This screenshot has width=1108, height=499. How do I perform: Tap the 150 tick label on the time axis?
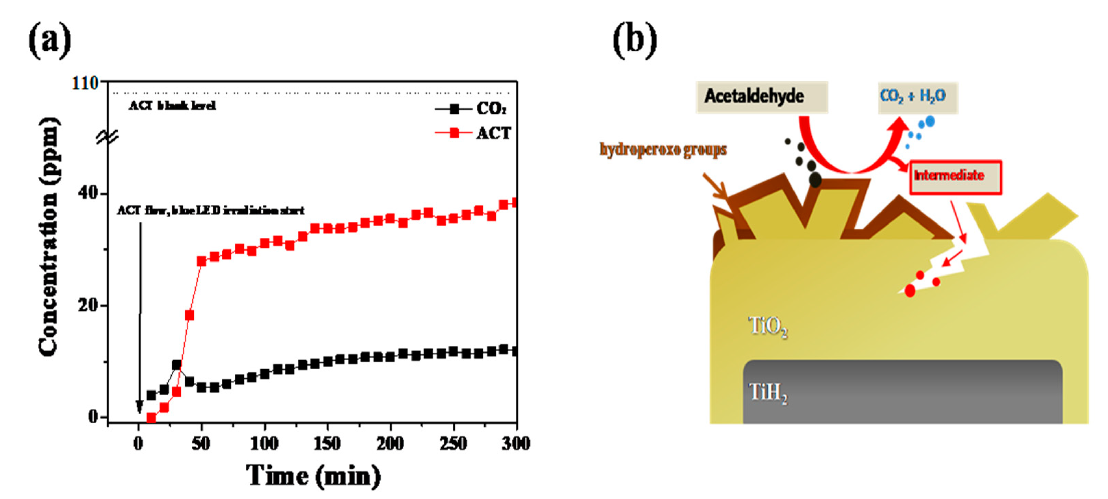327,443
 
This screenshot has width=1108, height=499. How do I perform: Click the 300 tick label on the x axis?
516,443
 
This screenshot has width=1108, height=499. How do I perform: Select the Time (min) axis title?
313,475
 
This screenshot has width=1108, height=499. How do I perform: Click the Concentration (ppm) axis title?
48,236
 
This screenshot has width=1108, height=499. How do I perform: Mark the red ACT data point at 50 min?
201,261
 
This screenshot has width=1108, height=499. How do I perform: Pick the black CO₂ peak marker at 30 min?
176,365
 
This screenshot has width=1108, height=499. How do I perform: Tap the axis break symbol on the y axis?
107,138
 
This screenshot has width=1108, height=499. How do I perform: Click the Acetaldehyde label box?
761,96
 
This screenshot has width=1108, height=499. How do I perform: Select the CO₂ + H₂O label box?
918,96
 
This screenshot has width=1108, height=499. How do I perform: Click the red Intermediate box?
955,176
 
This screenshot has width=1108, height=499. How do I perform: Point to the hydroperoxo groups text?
663,150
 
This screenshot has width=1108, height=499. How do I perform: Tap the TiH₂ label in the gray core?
768,393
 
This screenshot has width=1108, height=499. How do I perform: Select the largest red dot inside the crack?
910,291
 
